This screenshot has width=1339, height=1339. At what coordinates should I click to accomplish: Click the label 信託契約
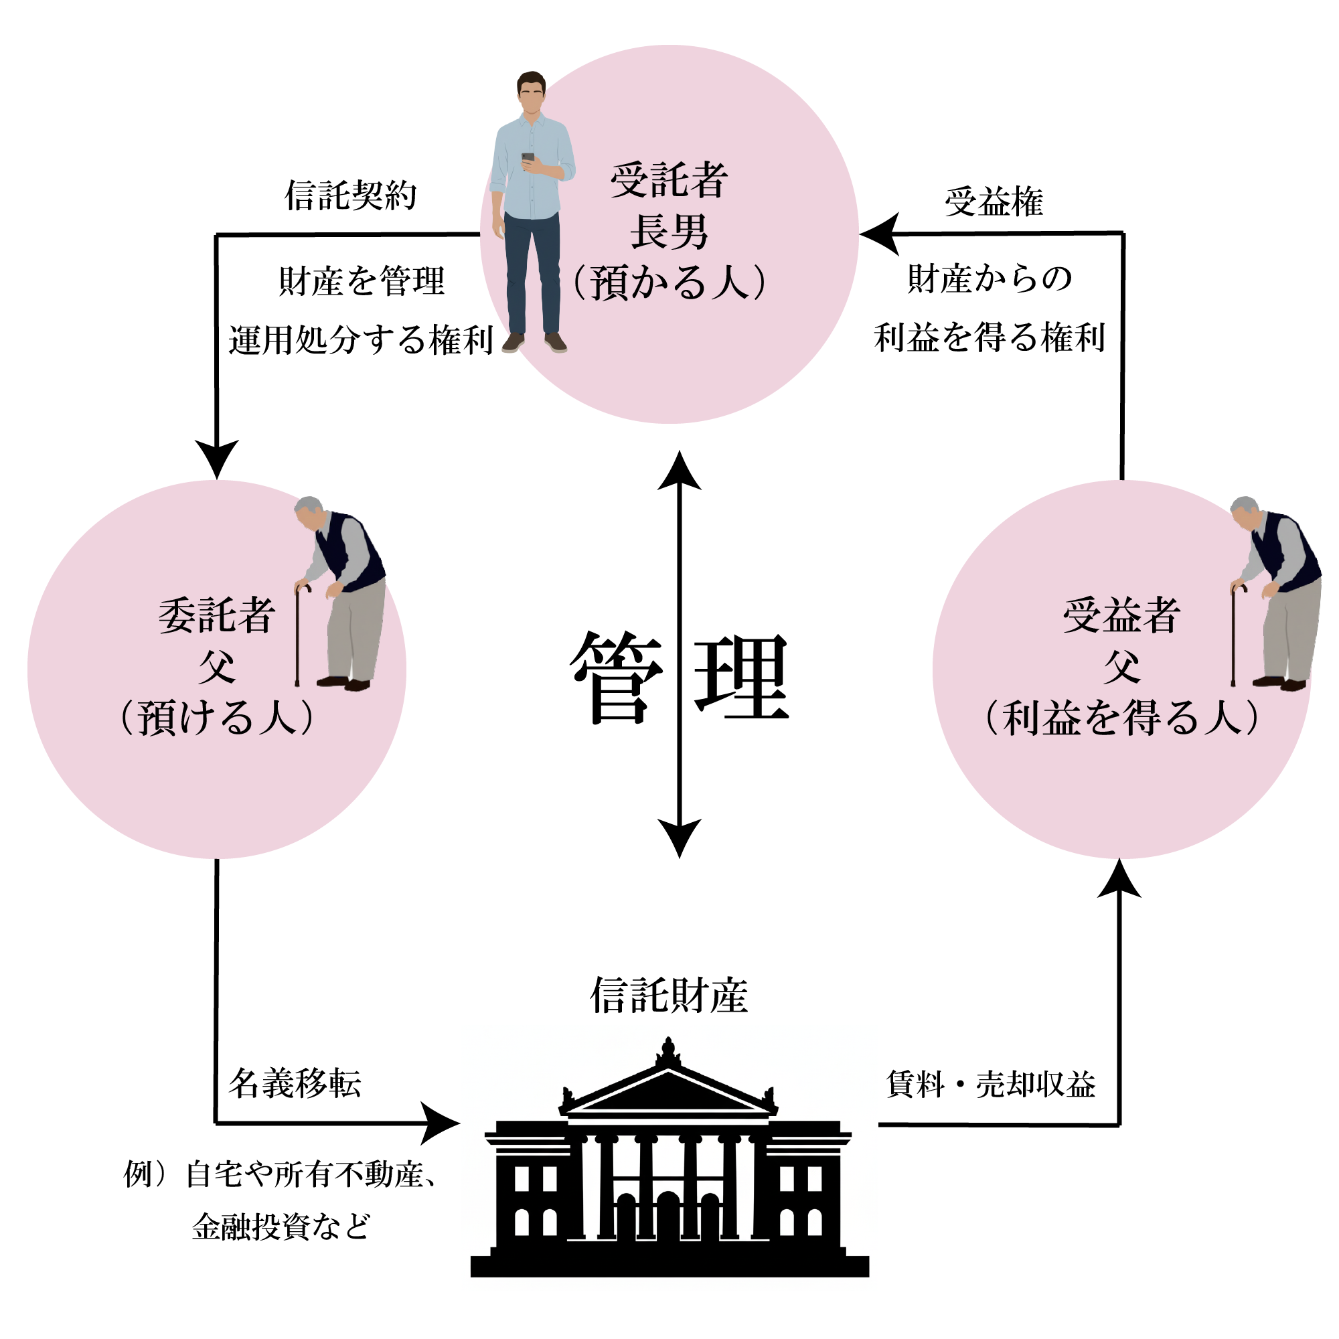(x=351, y=195)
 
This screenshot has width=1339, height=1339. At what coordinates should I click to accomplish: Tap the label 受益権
(x=994, y=202)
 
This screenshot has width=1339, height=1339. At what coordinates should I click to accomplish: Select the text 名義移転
(x=295, y=1083)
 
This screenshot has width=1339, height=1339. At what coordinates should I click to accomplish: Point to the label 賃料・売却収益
(x=990, y=1084)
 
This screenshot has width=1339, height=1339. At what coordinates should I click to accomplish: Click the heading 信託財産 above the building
(x=669, y=996)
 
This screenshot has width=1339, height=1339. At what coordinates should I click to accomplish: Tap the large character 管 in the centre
(x=616, y=677)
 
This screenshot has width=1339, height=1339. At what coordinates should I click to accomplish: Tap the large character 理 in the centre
(x=742, y=677)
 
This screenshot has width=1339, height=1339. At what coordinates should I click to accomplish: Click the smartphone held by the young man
(x=528, y=157)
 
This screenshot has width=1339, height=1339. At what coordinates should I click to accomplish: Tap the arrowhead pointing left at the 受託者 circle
(x=879, y=234)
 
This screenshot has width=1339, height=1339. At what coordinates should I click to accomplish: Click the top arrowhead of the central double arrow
(x=679, y=471)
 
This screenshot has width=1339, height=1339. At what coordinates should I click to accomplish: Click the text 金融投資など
(x=281, y=1226)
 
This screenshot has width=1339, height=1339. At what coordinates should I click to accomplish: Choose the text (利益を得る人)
(x=1121, y=717)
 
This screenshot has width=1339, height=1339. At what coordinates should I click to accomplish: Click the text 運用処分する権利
(x=360, y=339)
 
